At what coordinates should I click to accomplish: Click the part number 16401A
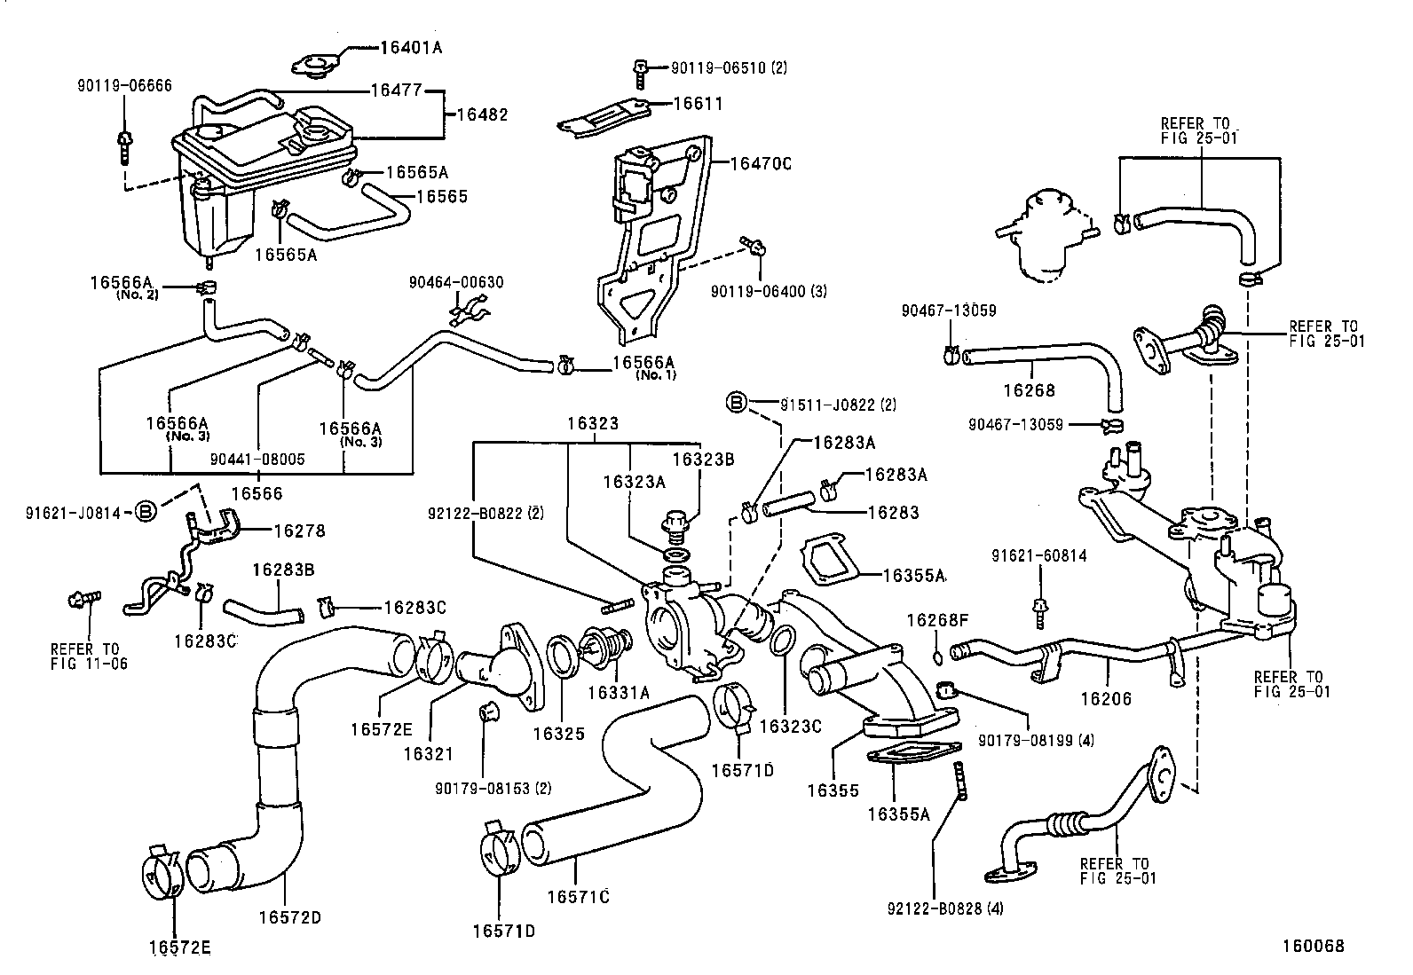(x=409, y=47)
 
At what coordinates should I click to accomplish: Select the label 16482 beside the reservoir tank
(x=482, y=114)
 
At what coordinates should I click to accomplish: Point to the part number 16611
(x=698, y=104)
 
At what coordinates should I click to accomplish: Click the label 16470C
(x=761, y=163)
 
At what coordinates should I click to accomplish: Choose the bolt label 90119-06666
(x=123, y=85)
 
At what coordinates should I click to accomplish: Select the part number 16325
(x=559, y=735)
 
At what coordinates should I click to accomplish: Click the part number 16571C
(x=578, y=897)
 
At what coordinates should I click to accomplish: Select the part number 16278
(x=299, y=531)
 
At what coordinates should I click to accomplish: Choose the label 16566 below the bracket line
(x=257, y=492)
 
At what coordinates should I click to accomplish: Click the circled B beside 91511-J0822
(x=737, y=404)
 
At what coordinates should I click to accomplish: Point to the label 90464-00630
(x=456, y=282)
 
